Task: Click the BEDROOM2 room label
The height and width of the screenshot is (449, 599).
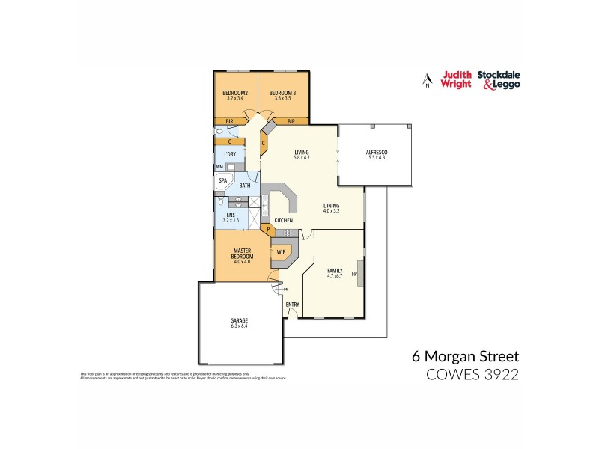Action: (236, 93)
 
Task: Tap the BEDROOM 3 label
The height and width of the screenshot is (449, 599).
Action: (282, 93)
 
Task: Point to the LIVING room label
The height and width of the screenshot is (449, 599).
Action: (302, 153)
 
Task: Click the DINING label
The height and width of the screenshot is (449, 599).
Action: (332, 207)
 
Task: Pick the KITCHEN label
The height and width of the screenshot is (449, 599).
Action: (283, 220)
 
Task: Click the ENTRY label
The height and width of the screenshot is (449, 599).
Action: (292, 305)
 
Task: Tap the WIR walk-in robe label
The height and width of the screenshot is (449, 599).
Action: (282, 252)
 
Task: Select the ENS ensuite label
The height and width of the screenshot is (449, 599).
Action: (231, 217)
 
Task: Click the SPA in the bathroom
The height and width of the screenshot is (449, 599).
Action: (222, 181)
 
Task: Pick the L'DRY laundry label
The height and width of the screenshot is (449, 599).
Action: (230, 155)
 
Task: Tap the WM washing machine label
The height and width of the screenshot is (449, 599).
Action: (219, 167)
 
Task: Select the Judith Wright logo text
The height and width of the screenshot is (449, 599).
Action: (456, 79)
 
